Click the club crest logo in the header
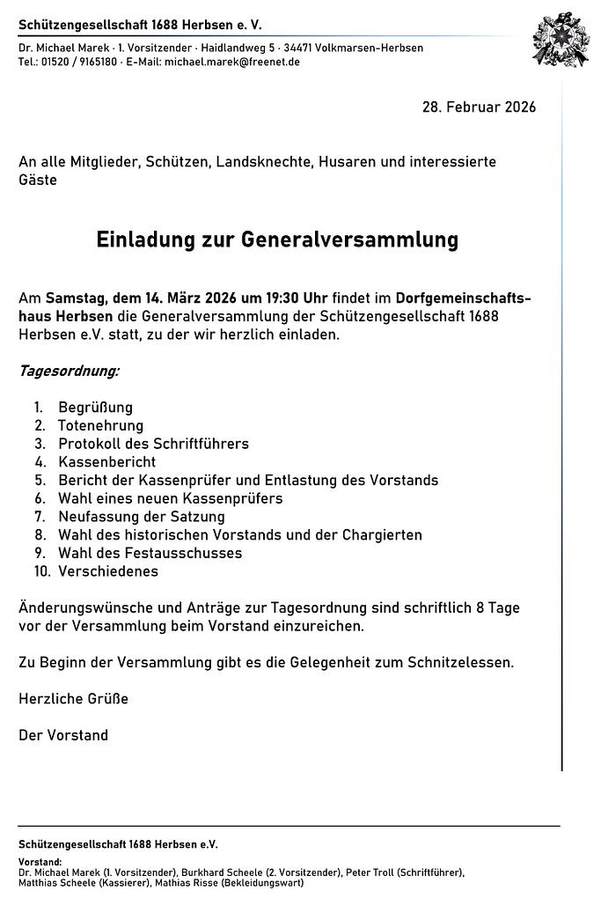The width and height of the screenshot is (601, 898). tap(560, 40)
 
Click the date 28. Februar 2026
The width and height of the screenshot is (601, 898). tap(479, 107)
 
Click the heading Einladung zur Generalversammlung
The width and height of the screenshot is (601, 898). tap(277, 240)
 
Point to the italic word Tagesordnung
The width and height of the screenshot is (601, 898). tap(69, 371)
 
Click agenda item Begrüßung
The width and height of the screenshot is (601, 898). tap(95, 408)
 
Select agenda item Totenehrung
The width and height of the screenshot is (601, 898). tap(100, 426)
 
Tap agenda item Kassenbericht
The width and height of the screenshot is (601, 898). tap(106, 462)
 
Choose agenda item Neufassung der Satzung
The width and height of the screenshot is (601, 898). tap(141, 517)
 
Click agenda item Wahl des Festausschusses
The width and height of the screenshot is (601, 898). tap(150, 554)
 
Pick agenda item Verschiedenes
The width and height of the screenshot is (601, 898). tap(108, 571)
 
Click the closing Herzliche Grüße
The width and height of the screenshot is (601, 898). tap(73, 699)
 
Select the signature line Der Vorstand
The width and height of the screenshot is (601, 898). tap(63, 735)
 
